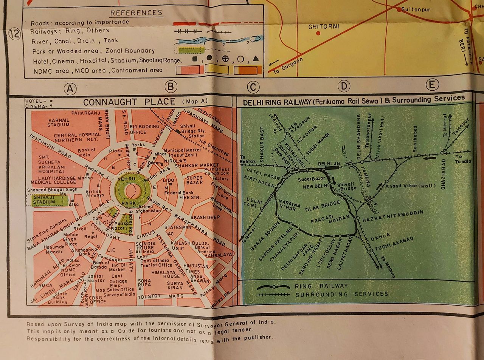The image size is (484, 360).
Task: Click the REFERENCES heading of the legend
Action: pyautogui.click(x=136, y=13)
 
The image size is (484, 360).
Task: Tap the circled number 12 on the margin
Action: pyautogui.click(x=14, y=34)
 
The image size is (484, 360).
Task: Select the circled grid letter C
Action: pyautogui.click(x=253, y=87)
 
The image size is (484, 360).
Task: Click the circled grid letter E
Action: pyautogui.click(x=432, y=85)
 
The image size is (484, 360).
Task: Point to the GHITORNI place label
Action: pyautogui.click(x=324, y=27)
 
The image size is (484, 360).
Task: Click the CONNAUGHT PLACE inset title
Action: pyautogui.click(x=129, y=102)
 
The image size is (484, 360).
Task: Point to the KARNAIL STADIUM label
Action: pyautogui.click(x=59, y=122)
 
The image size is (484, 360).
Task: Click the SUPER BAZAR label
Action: pyautogui.click(x=194, y=180)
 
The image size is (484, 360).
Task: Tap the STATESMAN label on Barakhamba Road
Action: pyautogui.click(x=178, y=227)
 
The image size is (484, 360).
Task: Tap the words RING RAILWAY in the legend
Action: pyautogui.click(x=321, y=286)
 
